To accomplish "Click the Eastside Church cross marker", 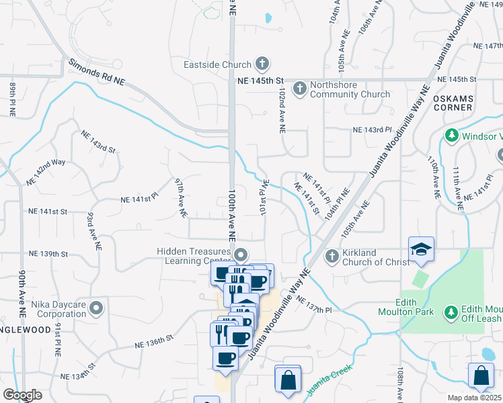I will pyautogui.click(x=262, y=65).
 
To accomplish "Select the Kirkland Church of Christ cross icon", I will pyautogui.click(x=332, y=256).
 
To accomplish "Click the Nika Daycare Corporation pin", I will pyautogui.click(x=96, y=308).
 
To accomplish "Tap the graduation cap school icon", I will pyautogui.click(x=421, y=250).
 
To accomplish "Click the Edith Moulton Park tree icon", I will pyautogui.click(x=450, y=312).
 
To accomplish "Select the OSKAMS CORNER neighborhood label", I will pyautogui.click(x=454, y=103).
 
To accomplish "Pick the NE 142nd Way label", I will pyautogui.click(x=46, y=173).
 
